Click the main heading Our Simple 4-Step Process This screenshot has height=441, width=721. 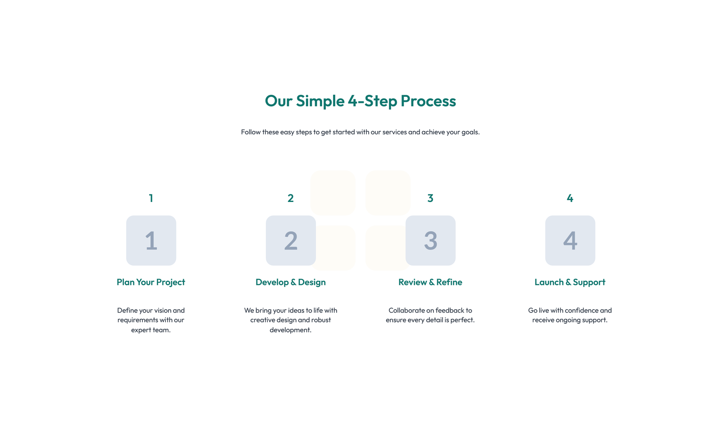(360, 101)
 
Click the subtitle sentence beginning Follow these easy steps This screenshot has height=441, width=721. (360, 132)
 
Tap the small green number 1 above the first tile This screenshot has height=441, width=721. (151, 198)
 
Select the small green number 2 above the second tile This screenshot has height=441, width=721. (291, 198)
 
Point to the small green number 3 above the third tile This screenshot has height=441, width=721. (430, 198)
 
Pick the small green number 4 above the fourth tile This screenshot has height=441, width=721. (570, 198)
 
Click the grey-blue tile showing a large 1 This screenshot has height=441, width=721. (151, 240)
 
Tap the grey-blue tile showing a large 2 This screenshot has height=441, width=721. (291, 240)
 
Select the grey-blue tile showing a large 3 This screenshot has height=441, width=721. (430, 240)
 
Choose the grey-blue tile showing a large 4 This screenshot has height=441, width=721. (570, 240)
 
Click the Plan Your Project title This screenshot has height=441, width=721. (151, 282)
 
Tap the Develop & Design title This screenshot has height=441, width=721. (291, 282)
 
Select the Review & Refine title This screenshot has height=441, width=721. (430, 282)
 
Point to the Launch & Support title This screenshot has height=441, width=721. (570, 282)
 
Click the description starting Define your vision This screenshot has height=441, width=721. (151, 320)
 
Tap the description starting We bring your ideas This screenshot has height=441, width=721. (291, 320)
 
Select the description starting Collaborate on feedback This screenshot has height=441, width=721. (430, 315)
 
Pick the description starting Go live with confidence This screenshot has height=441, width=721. (570, 315)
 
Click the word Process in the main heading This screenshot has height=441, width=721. (428, 101)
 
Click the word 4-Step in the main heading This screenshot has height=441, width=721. (372, 101)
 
